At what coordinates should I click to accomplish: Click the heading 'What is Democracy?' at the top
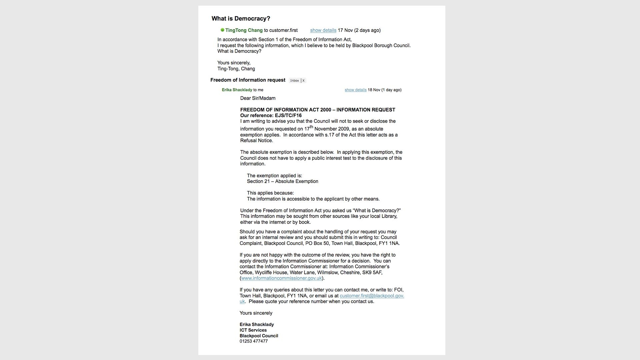point(241,19)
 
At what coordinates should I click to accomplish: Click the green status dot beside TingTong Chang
point(222,30)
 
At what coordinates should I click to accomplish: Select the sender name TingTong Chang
point(244,30)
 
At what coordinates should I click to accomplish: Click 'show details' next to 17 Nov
point(323,30)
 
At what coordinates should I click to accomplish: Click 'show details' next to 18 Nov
point(355,90)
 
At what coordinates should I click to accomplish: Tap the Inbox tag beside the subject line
point(294,81)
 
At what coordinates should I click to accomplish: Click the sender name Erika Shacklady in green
point(237,90)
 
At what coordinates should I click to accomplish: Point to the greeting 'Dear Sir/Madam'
point(258,98)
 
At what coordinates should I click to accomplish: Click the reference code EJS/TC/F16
point(288,116)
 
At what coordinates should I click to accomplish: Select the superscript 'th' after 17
point(312,127)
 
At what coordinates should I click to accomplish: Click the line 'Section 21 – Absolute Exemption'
point(282,182)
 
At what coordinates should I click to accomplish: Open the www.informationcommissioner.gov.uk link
point(281,278)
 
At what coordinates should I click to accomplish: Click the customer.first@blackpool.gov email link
point(372,296)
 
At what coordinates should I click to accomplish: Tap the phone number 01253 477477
point(253,341)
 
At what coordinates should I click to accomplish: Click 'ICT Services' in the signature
point(253,330)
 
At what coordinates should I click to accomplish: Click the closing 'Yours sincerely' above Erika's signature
point(256,313)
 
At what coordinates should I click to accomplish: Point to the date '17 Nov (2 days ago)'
point(359,30)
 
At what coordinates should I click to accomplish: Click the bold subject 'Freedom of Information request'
point(248,80)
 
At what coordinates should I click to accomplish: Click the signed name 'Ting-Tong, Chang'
point(236,69)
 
